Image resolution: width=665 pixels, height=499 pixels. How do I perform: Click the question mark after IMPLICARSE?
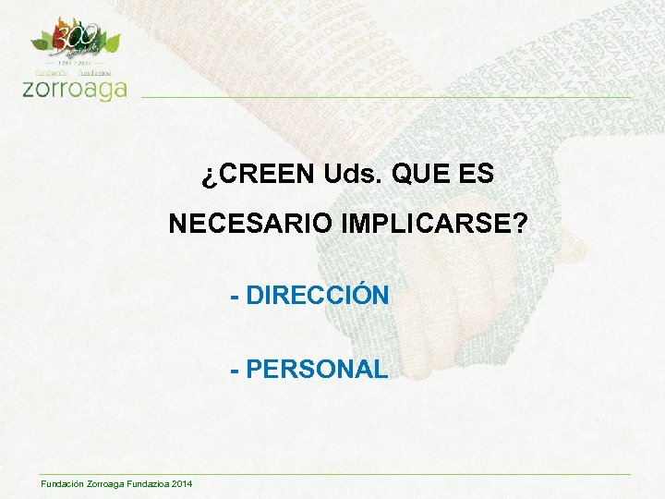click(x=523, y=224)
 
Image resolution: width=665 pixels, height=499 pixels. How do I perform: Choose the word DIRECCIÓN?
click(x=318, y=296)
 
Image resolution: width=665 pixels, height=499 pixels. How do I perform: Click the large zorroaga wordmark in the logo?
click(x=73, y=89)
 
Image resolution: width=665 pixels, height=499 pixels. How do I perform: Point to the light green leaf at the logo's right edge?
click(x=113, y=42)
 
